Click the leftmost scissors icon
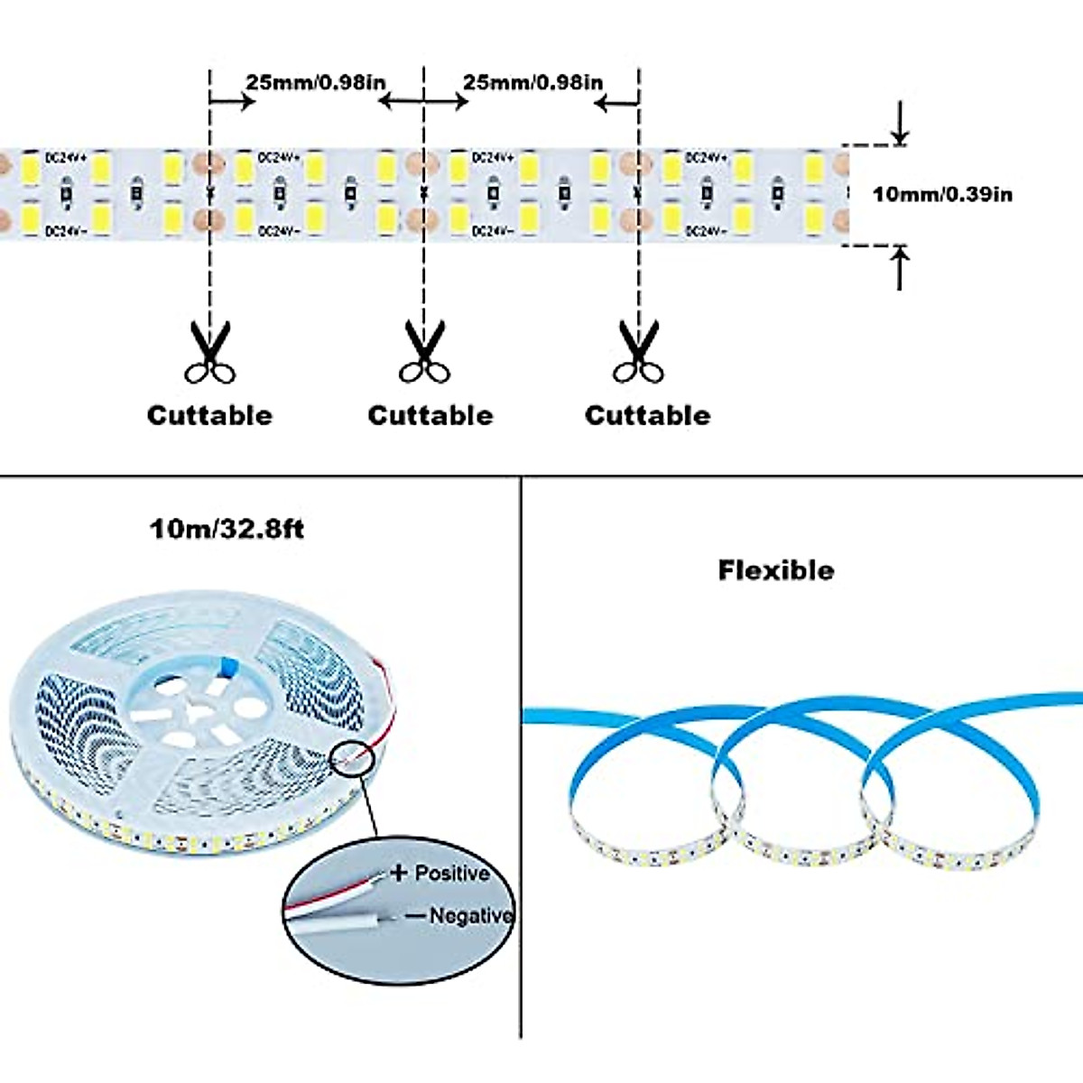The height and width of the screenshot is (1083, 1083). pyautogui.click(x=209, y=353)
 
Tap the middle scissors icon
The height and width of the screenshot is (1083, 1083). pyautogui.click(x=424, y=353)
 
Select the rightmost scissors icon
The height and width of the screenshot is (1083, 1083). pyautogui.click(x=638, y=353)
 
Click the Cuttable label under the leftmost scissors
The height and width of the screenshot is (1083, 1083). pyautogui.click(x=209, y=415)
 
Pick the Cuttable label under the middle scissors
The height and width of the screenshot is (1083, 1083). pyautogui.click(x=430, y=415)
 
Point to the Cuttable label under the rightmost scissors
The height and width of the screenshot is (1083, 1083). pyautogui.click(x=647, y=415)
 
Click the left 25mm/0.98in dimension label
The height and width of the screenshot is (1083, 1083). pyautogui.click(x=316, y=82)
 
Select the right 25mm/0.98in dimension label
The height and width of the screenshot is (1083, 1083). pyautogui.click(x=532, y=82)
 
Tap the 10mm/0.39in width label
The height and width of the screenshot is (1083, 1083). pyautogui.click(x=942, y=194)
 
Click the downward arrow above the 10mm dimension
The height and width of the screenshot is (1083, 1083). pyautogui.click(x=899, y=124)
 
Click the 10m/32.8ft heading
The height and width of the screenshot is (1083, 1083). pyautogui.click(x=227, y=528)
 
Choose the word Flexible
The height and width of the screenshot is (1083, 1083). pyautogui.click(x=776, y=570)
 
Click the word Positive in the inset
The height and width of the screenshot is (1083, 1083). pyautogui.click(x=452, y=874)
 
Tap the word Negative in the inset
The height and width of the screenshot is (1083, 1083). pyautogui.click(x=470, y=915)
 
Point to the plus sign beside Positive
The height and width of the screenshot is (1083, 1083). pyautogui.click(x=398, y=873)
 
